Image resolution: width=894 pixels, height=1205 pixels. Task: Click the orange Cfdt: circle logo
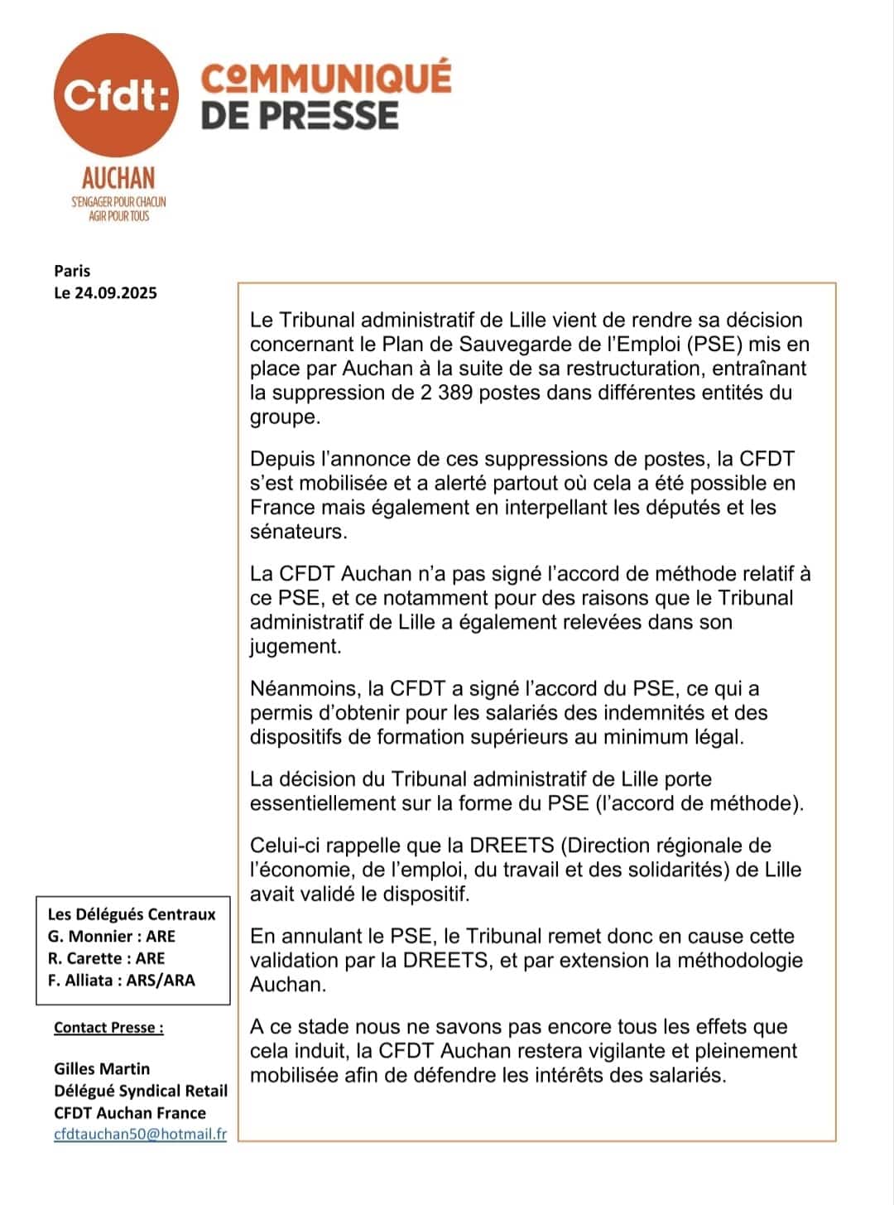tap(116, 94)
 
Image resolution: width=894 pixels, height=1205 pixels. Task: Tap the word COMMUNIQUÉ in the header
tap(326, 78)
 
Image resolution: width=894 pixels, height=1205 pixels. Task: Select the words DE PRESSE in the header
tap(300, 116)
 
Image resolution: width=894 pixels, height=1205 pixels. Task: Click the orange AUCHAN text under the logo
tap(118, 177)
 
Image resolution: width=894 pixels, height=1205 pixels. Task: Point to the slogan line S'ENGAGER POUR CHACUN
tap(118, 201)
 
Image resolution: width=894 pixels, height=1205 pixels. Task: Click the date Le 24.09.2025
tap(105, 292)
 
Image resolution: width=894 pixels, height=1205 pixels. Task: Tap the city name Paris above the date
tap(72, 271)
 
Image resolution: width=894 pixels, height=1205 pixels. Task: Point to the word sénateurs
tap(298, 532)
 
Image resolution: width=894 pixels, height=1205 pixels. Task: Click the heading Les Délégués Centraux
tap(132, 914)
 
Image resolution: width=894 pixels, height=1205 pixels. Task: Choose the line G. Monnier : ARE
tap(112, 937)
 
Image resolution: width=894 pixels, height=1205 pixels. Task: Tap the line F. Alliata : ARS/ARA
tap(122, 981)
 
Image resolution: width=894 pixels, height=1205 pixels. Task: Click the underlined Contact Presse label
tap(108, 1028)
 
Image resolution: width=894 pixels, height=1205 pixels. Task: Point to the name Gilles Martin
tap(102, 1069)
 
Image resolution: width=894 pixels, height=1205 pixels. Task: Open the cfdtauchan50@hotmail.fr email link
tap(140, 1135)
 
